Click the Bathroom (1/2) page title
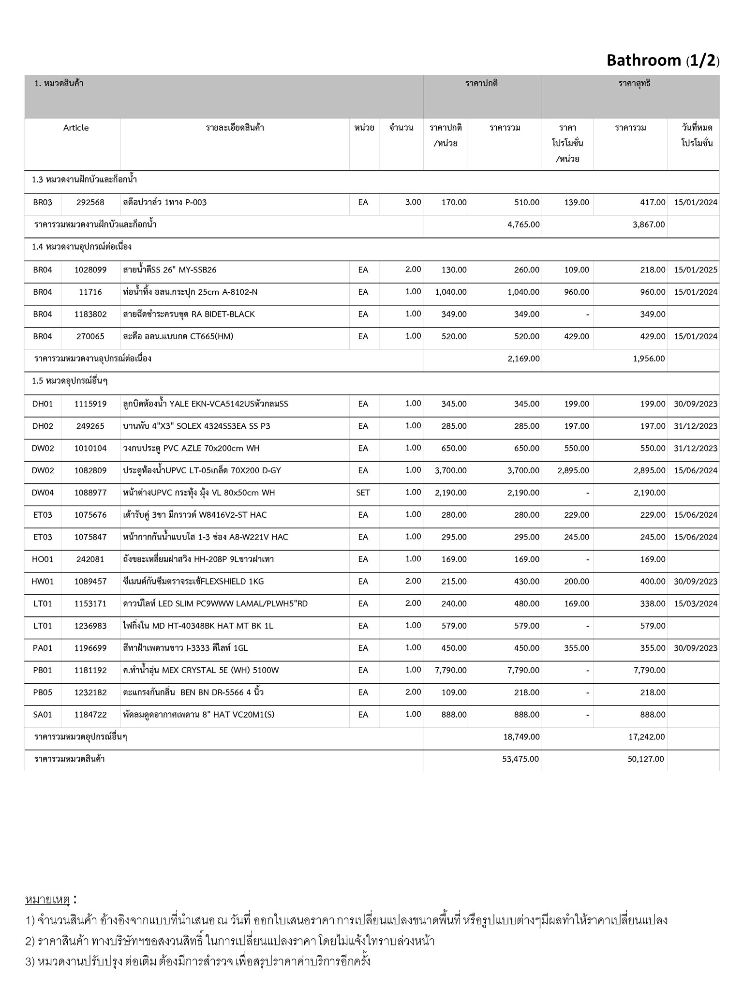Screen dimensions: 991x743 tap(663, 60)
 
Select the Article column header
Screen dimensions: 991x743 tap(76, 128)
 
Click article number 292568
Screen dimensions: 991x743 tap(90, 202)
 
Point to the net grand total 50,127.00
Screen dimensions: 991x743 tap(646, 759)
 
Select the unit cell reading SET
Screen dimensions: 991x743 tap(363, 493)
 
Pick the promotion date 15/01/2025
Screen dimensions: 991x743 tap(696, 270)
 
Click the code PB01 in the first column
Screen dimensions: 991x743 tap(43, 670)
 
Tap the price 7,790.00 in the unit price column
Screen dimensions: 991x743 tap(451, 670)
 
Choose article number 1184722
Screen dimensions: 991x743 tap(90, 715)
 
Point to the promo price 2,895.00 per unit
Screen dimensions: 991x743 tap(573, 470)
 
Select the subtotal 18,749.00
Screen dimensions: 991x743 tap(521, 737)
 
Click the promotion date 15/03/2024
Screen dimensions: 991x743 tap(696, 603)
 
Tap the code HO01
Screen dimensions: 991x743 tap(43, 559)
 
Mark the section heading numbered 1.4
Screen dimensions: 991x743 tap(82, 247)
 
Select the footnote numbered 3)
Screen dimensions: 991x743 tap(198, 961)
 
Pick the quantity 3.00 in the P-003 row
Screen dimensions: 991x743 tap(413, 202)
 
